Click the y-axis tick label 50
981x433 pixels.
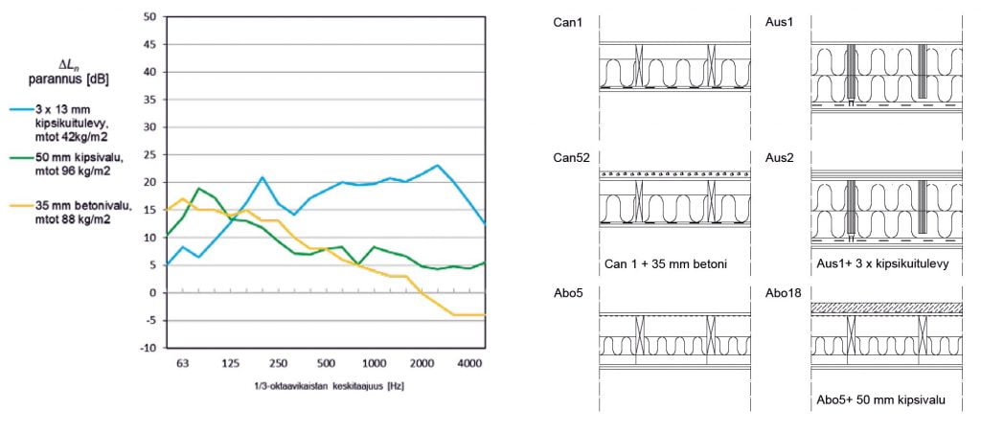pos(149,16)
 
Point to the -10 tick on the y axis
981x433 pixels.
pos(148,349)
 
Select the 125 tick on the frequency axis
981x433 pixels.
pos(230,364)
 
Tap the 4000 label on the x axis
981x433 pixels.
pos(468,364)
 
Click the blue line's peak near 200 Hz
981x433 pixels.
pos(262,177)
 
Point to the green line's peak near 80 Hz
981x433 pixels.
pos(198,189)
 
